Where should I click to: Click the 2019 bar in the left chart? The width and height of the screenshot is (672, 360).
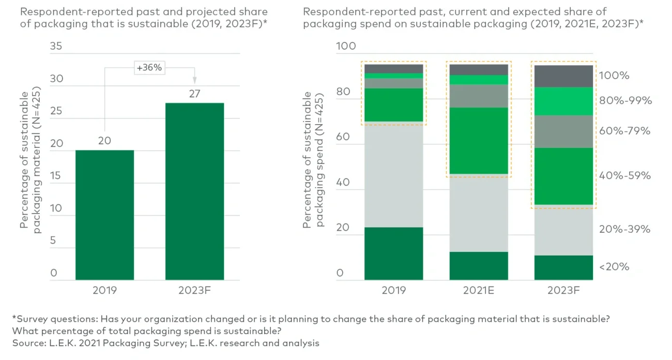[x=104, y=215]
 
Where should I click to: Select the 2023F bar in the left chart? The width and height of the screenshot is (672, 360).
[x=194, y=191]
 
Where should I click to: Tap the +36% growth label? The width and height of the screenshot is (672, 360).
[x=148, y=67]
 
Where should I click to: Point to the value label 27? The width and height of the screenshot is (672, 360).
[x=194, y=94]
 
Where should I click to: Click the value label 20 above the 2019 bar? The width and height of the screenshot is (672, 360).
[x=104, y=141]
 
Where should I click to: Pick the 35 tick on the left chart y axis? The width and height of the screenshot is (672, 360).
[x=55, y=46]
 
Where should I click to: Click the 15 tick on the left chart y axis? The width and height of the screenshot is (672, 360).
[x=55, y=176]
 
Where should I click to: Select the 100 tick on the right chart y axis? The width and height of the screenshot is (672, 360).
[x=346, y=46]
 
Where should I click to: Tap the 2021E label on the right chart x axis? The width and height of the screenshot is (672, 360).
[x=479, y=290]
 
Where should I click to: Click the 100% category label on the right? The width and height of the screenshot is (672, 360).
[x=614, y=76]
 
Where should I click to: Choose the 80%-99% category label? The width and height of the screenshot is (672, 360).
[x=625, y=101]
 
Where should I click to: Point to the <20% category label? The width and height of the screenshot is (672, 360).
[x=614, y=267]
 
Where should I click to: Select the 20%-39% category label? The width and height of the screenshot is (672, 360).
[x=624, y=229]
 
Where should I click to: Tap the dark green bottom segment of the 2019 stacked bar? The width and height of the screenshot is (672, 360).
[x=393, y=253]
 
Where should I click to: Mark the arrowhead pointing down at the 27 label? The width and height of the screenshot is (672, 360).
[x=194, y=80]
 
